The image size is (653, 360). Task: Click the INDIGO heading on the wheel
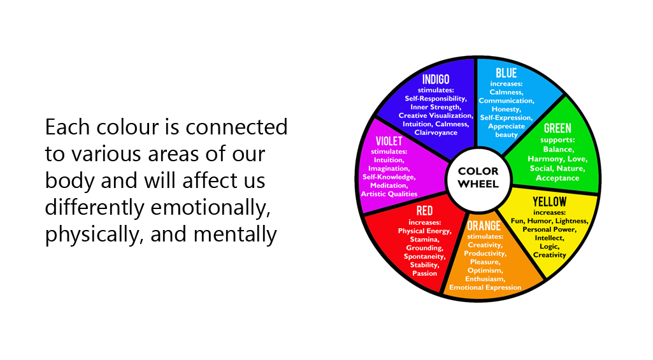tap(436, 80)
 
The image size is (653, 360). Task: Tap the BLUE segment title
tap(506, 74)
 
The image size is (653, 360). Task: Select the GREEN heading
tap(557, 129)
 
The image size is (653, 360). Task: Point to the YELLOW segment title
tap(549, 203)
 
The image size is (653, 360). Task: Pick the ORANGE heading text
tap(484, 226)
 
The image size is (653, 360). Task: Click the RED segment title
tap(424, 212)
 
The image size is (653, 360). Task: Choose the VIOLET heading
tap(389, 141)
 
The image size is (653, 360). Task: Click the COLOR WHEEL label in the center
tap(478, 178)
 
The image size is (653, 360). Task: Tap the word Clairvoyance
tap(436, 133)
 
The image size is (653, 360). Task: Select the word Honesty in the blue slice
tap(506, 109)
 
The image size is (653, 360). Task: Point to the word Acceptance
tap(557, 178)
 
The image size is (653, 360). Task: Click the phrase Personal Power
tap(549, 229)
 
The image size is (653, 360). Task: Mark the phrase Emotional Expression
tap(485, 287)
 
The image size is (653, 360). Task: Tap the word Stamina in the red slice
tap(424, 239)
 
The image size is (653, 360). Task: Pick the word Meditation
tap(389, 185)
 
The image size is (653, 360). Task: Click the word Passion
tap(424, 273)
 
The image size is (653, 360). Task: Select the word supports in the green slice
tap(557, 139)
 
